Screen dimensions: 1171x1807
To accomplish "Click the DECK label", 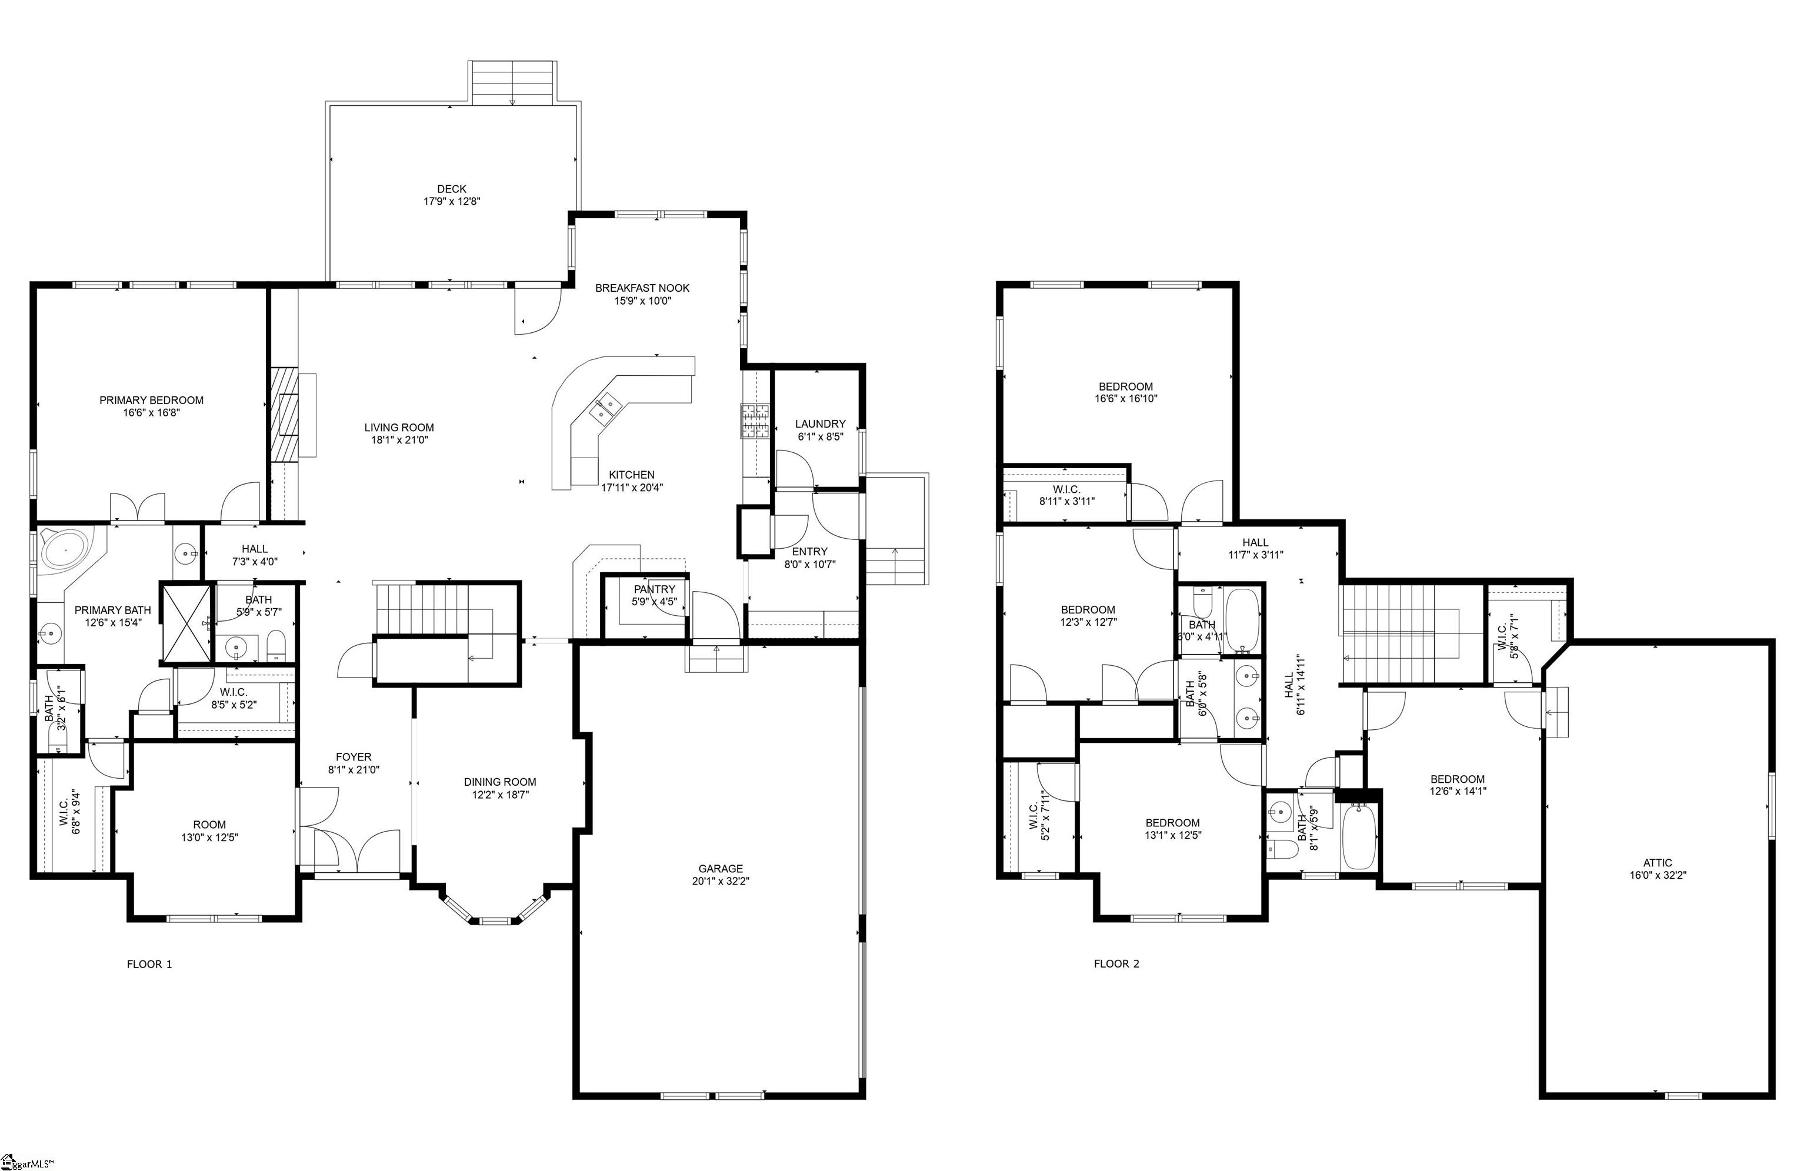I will (x=452, y=189).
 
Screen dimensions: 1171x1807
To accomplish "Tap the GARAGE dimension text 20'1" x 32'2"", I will (x=721, y=881).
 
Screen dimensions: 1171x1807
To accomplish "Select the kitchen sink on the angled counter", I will (x=605, y=410).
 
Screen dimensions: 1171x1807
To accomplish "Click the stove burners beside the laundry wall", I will (x=755, y=422).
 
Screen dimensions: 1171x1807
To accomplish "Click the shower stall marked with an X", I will (x=186, y=623).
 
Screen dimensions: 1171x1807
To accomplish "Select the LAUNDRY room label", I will (x=820, y=423).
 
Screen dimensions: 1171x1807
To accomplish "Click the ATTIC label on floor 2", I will (x=1658, y=862).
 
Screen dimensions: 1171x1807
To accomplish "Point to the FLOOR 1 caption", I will (x=149, y=964).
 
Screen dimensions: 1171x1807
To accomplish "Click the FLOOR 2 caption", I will (x=1116, y=964).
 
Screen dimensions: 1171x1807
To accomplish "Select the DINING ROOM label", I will (x=499, y=782).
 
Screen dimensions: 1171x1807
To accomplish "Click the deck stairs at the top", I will (x=512, y=82).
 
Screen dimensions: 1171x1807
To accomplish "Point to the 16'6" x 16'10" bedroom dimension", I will (x=1125, y=398).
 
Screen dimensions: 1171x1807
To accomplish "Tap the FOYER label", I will (x=354, y=756).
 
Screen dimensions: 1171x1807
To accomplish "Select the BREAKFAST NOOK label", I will (x=642, y=288).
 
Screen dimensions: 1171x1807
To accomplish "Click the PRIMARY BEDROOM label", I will (x=151, y=400).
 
